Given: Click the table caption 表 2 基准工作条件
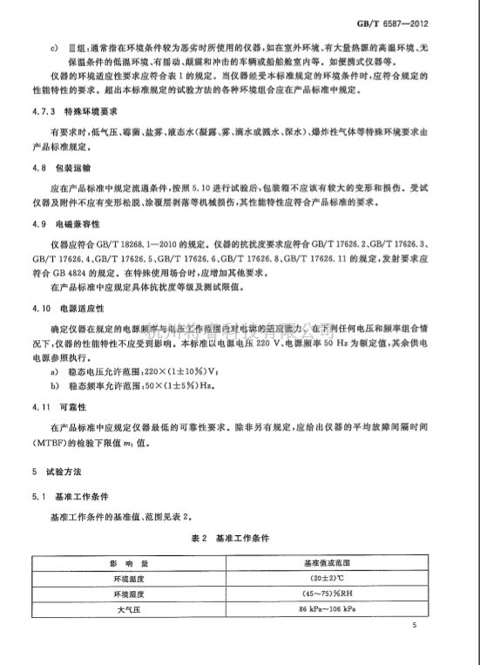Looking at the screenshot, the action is [x=240, y=538].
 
